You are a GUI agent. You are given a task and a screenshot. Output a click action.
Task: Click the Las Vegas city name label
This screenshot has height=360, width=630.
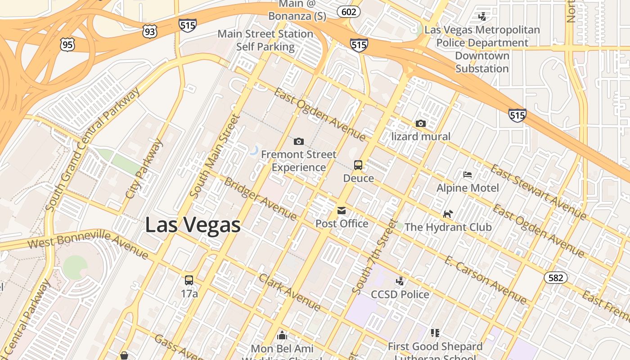(x=193, y=225)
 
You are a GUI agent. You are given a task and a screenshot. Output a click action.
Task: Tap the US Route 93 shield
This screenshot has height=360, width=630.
(x=150, y=31)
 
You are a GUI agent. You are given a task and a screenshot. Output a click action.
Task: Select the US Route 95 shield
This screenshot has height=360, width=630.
(x=67, y=44)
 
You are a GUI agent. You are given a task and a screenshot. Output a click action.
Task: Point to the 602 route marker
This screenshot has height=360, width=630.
(x=349, y=12)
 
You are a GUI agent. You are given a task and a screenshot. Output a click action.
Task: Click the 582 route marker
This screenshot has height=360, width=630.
(x=556, y=278)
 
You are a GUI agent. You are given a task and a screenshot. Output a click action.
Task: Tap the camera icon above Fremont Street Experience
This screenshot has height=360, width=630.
(x=298, y=142)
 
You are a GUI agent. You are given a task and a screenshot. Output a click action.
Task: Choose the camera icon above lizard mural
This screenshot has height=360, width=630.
(x=421, y=123)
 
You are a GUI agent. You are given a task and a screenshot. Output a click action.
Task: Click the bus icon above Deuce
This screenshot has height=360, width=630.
(x=358, y=165)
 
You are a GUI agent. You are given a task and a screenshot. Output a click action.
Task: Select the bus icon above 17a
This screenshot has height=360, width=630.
(x=189, y=280)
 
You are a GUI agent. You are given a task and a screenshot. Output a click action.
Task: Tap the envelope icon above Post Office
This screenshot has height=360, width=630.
(x=342, y=210)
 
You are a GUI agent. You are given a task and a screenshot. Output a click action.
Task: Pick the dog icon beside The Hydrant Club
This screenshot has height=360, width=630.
(x=447, y=214)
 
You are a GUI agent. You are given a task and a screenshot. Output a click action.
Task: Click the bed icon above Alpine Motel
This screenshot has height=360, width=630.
(x=468, y=175)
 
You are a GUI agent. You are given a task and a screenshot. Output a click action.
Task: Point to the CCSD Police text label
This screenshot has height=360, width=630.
(x=400, y=294)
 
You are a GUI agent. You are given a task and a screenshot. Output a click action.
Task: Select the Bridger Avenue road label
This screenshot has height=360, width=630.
(x=260, y=198)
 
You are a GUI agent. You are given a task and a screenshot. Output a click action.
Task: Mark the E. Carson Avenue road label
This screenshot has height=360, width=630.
(x=485, y=280)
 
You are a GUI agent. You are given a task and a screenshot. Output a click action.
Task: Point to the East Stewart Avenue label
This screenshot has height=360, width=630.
(x=538, y=192)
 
